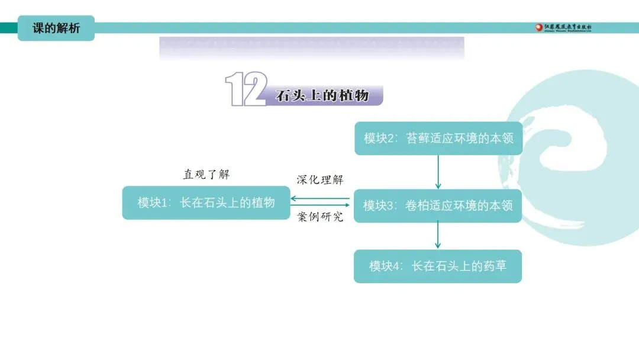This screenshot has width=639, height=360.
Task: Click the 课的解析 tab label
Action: click(x=56, y=28)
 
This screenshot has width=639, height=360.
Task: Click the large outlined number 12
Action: click(x=246, y=89)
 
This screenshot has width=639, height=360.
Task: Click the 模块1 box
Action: click(x=206, y=202)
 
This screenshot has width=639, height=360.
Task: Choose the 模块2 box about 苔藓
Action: click(x=438, y=138)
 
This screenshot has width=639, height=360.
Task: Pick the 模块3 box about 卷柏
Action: click(x=437, y=205)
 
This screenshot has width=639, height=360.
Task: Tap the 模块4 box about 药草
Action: click(x=437, y=266)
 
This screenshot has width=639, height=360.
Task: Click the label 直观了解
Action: click(x=206, y=175)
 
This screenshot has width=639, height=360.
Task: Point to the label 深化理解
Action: click(x=319, y=180)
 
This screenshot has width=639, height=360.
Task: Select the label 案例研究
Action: click(x=319, y=217)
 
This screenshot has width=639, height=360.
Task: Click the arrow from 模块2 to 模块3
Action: click(x=438, y=172)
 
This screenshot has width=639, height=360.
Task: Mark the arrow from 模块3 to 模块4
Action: click(x=438, y=236)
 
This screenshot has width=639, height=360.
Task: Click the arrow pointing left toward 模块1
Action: click(x=319, y=198)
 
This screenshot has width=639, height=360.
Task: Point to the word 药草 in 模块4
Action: click(x=494, y=266)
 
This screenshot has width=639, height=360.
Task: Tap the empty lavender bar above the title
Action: click(x=311, y=48)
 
